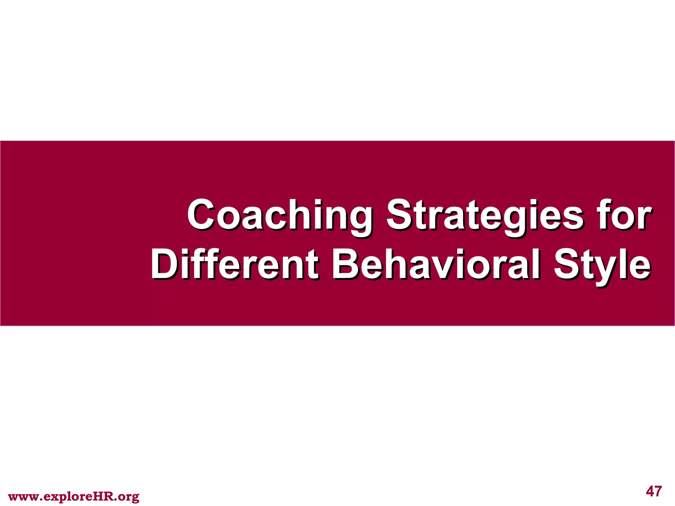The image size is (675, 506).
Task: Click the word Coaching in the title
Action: point(279,216)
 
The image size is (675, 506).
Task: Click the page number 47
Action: point(654,491)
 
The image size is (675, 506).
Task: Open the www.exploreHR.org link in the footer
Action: point(73,496)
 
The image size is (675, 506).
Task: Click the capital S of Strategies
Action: point(399,215)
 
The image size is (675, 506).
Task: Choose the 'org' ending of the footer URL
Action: point(129,497)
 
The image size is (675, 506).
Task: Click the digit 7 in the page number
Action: point(658,491)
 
